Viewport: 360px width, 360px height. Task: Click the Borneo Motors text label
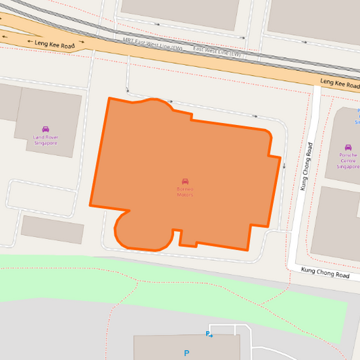pyautogui.click(x=185, y=192)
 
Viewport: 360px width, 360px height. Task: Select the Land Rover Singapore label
pyautogui.click(x=46, y=140)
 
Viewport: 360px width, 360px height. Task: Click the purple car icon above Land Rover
pyautogui.click(x=46, y=129)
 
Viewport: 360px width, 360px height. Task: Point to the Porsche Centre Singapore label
pyautogui.click(x=348, y=161)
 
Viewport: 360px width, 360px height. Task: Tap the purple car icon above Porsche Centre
pyautogui.click(x=349, y=147)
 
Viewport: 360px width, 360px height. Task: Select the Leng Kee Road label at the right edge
pyautogui.click(x=340, y=84)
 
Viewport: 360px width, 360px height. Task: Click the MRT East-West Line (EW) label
pyautogui.click(x=153, y=44)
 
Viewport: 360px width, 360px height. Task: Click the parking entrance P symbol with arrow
pyautogui.click(x=209, y=334)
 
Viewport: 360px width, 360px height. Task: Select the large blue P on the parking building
pyautogui.click(x=186, y=353)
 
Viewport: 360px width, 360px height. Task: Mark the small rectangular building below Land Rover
pyautogui.click(x=53, y=230)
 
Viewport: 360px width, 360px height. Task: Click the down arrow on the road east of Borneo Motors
pyautogui.click(x=284, y=166)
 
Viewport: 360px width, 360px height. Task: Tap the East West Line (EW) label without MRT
pyautogui.click(x=217, y=52)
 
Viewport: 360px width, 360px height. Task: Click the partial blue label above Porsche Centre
pyautogui.click(x=357, y=116)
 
